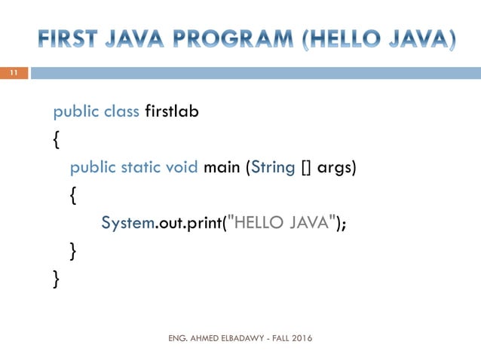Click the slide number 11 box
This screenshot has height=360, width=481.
[13, 73]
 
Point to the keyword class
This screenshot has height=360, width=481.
[121, 111]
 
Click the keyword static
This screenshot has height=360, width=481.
[142, 166]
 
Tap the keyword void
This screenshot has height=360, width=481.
[183, 166]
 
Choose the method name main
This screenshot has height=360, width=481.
[222, 166]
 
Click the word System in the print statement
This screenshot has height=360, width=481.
[127, 222]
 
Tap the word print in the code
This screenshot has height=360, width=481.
[203, 222]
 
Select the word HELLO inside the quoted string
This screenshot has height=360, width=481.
[261, 222]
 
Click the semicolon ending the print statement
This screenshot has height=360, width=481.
[345, 224]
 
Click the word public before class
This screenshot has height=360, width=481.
[75, 112]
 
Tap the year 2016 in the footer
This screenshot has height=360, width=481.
[300, 338]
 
